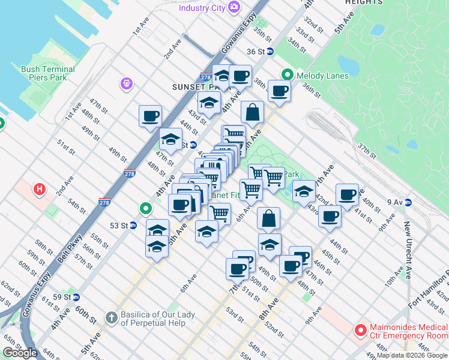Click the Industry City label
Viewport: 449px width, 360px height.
(202, 8)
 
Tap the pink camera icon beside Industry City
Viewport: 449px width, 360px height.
(234, 7)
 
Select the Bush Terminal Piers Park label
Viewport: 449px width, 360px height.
(48, 73)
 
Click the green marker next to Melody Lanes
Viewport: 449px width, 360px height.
(288, 75)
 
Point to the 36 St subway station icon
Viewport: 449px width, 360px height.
(270, 52)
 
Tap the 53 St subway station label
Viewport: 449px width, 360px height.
(119, 226)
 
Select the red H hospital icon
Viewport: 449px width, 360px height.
(40, 190)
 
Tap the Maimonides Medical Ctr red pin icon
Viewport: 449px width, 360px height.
(361, 329)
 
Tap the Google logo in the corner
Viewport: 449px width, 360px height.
(20, 353)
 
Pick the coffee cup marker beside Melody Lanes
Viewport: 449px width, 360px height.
(279, 91)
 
